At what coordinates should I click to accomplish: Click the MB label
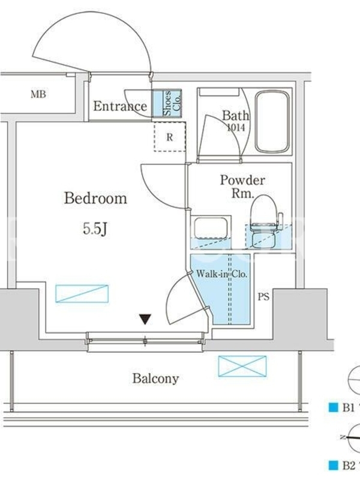[x=38, y=94]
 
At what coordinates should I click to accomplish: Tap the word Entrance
[x=120, y=106]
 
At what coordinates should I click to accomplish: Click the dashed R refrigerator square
[x=170, y=137]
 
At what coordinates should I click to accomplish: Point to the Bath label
[x=235, y=116]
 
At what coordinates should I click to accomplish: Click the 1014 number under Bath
[x=236, y=127]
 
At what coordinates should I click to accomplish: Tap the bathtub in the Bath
[x=272, y=122]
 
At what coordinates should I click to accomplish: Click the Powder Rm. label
[x=242, y=186]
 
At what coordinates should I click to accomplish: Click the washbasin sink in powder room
[x=211, y=227]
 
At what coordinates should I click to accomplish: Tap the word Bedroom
[x=95, y=199]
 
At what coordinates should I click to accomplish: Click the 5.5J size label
[x=95, y=229]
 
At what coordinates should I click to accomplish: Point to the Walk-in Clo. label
[x=221, y=274]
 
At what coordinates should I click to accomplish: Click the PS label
[x=263, y=296]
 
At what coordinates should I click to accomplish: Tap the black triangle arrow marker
[x=145, y=319]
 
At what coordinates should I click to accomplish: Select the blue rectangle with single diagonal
[x=82, y=294]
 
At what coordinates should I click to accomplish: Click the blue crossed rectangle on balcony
[x=242, y=366]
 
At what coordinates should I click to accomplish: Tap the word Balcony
[x=155, y=379]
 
